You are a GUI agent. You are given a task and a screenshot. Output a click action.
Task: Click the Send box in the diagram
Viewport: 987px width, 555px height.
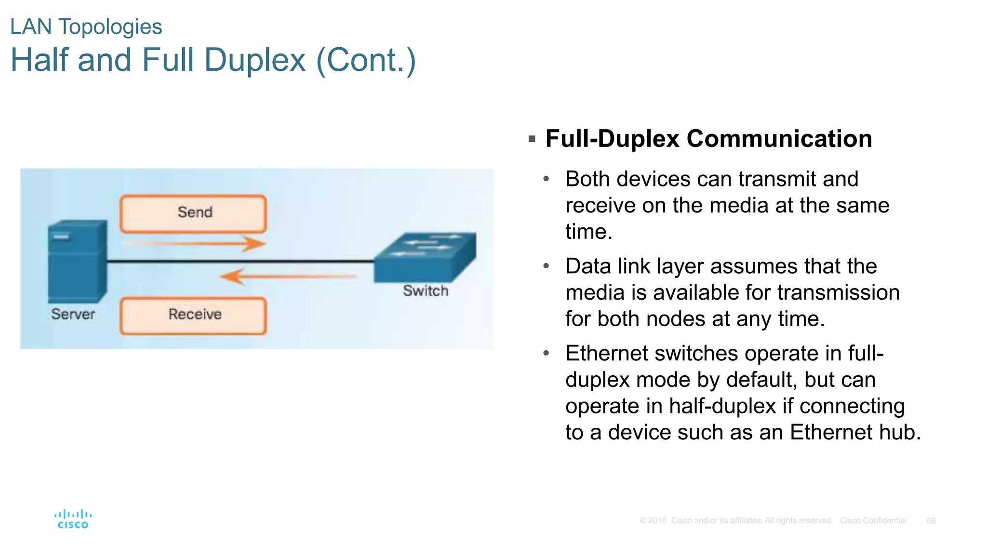(193, 213)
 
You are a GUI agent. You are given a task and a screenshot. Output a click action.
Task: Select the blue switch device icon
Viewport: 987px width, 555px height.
(424, 257)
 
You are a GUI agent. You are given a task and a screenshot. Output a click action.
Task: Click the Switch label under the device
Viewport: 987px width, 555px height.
(426, 291)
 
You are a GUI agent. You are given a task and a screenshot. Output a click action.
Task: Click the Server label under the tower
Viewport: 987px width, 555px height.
(73, 314)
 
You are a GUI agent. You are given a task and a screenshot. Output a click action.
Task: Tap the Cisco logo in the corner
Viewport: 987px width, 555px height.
(73, 519)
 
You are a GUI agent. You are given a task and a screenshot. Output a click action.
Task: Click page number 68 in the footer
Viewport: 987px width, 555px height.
(931, 521)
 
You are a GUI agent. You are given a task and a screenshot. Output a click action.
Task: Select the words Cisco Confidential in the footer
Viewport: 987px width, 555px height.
(873, 521)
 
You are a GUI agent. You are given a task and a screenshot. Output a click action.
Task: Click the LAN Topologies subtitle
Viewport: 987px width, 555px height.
(86, 27)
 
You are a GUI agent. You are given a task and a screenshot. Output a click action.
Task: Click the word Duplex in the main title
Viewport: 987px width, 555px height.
(254, 60)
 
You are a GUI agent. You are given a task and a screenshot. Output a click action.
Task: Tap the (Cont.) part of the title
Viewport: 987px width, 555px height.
(366, 60)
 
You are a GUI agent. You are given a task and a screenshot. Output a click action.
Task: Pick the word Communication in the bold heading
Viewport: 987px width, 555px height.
(779, 139)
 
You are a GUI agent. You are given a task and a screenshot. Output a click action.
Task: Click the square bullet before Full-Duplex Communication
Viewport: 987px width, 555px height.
(532, 139)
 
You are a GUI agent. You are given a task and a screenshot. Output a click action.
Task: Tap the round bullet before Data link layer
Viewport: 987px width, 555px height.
(546, 266)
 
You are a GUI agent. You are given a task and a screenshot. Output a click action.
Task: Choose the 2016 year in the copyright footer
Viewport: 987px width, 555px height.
(657, 521)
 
